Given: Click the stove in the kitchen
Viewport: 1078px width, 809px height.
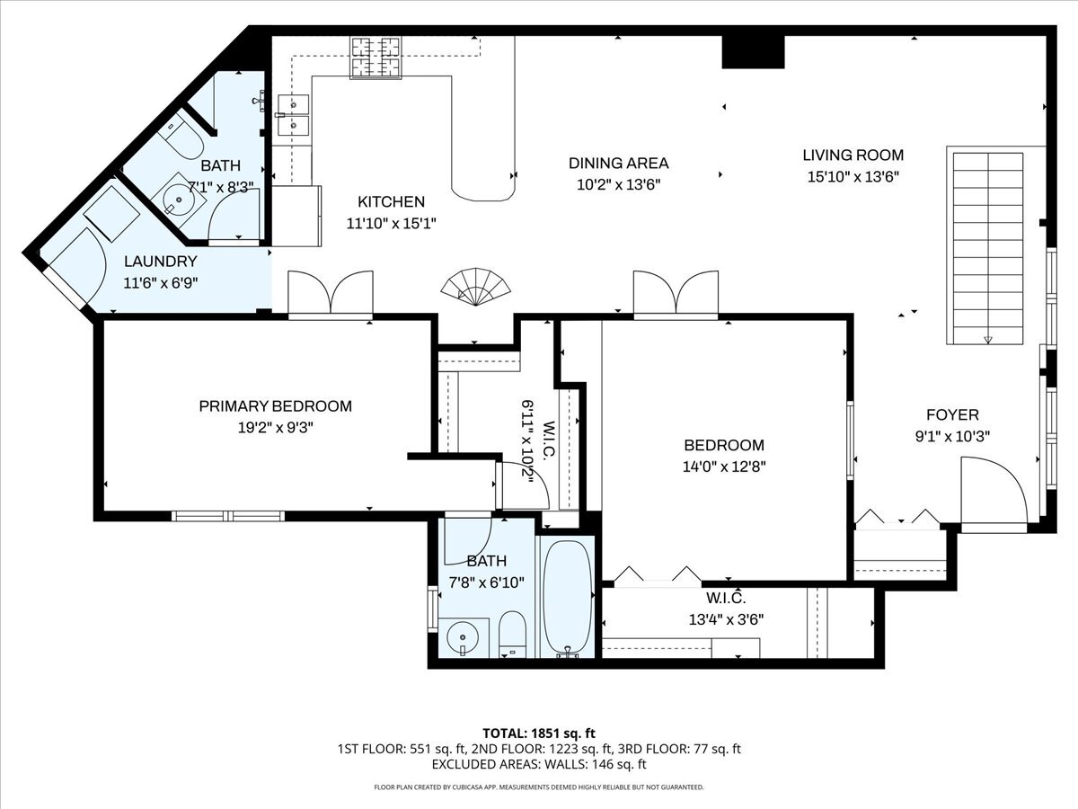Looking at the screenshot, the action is (376, 58).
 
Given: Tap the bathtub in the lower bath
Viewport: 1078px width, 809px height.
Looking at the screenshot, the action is (569, 599).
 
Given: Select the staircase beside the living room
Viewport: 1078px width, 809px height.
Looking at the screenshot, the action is (988, 248).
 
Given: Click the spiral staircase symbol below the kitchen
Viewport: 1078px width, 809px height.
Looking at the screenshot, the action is (475, 288).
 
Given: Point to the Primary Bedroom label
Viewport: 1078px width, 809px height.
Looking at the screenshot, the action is (276, 406).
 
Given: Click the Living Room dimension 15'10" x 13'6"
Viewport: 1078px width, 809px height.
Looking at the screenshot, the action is (853, 177).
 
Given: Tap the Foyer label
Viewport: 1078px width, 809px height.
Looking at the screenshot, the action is (952, 415).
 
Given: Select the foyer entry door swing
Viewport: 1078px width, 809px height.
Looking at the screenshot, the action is (994, 490).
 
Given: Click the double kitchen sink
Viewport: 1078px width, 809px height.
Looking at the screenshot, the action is (293, 115).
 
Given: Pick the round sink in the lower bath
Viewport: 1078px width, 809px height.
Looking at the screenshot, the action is (462, 637).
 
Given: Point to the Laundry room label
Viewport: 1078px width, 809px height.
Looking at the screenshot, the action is (161, 262).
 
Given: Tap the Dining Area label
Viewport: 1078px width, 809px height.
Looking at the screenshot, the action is (618, 163).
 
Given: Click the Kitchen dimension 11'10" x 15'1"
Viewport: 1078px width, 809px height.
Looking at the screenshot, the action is (392, 224).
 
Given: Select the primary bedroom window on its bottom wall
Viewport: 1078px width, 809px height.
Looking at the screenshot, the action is (228, 516).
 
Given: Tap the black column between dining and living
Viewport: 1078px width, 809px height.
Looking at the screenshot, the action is (753, 52).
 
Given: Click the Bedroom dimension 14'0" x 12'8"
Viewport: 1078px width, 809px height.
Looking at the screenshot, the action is (724, 467).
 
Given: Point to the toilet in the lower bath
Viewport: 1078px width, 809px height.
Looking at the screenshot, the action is (512, 634).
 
